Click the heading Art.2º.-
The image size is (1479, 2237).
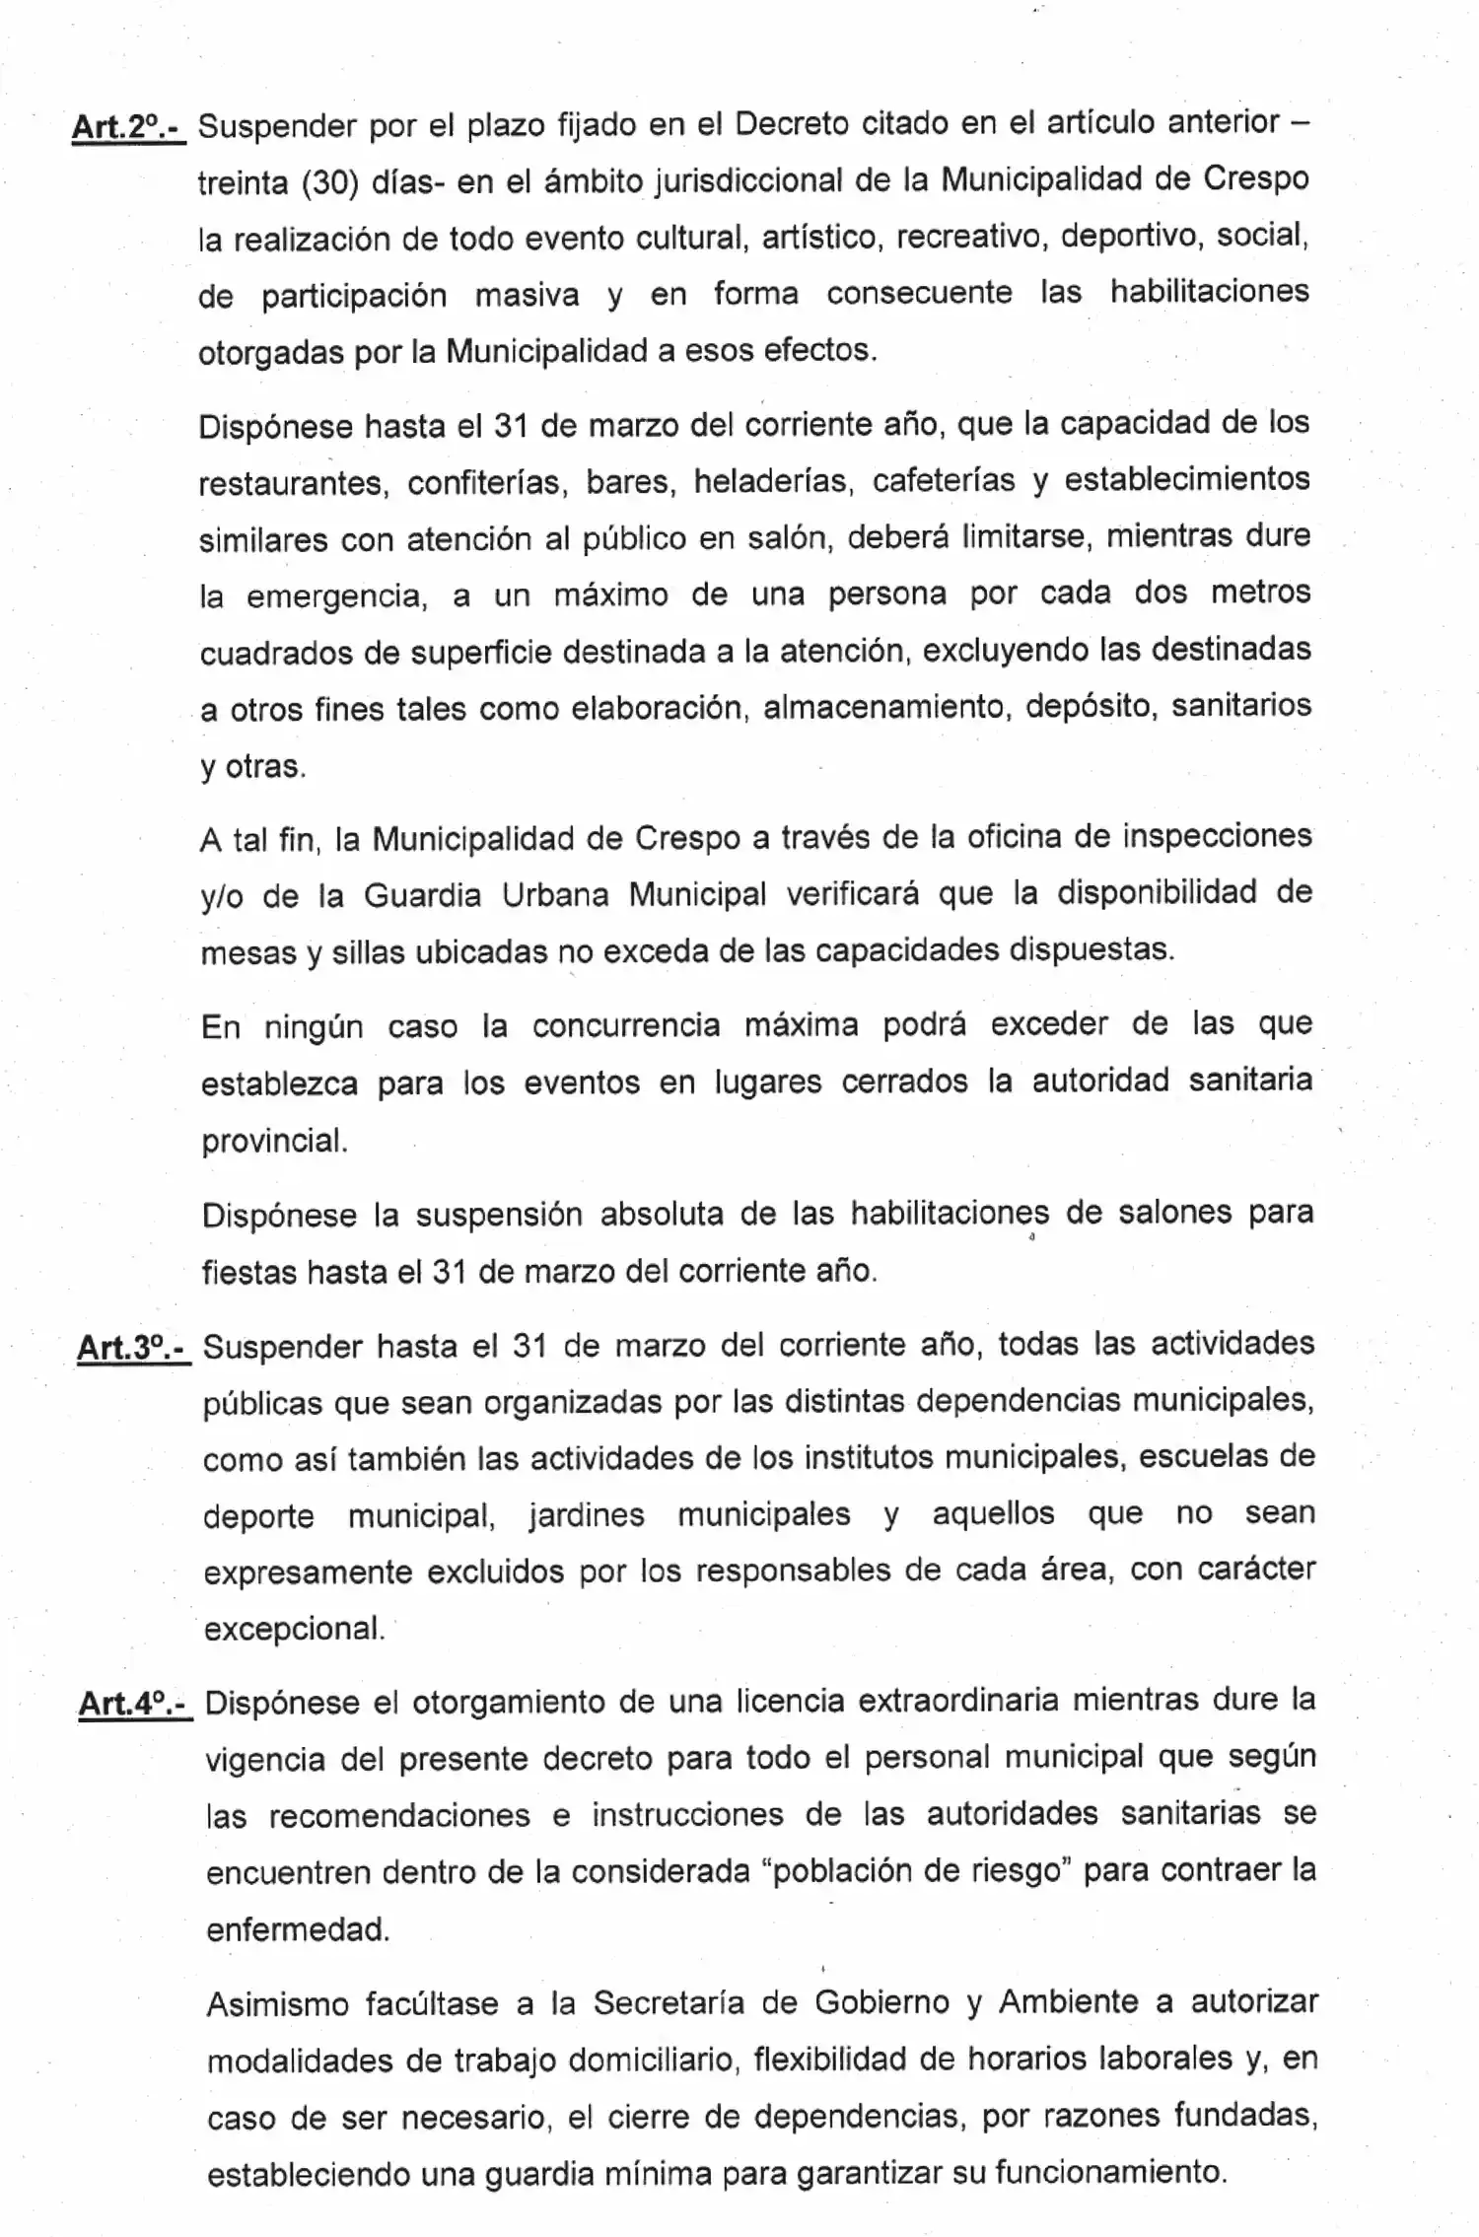pyautogui.click(x=128, y=128)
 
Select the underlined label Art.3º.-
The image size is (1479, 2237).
pyautogui.click(x=133, y=1348)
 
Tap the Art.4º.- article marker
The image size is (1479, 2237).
pyautogui.click(x=135, y=1704)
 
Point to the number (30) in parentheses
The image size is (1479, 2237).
pyautogui.click(x=329, y=184)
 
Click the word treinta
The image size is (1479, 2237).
pyautogui.click(x=242, y=184)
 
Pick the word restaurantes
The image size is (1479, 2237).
pyautogui.click(x=291, y=484)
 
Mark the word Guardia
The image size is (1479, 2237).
pyautogui.click(x=421, y=895)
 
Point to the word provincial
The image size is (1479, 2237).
pyautogui.click(x=275, y=1141)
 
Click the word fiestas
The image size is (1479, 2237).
pyautogui.click(x=249, y=1273)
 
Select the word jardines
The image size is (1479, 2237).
pyautogui.click(x=586, y=1514)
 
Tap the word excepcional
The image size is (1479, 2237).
pyautogui.click(x=294, y=1629)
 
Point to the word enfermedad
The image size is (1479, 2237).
pyautogui.click(x=298, y=1929)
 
